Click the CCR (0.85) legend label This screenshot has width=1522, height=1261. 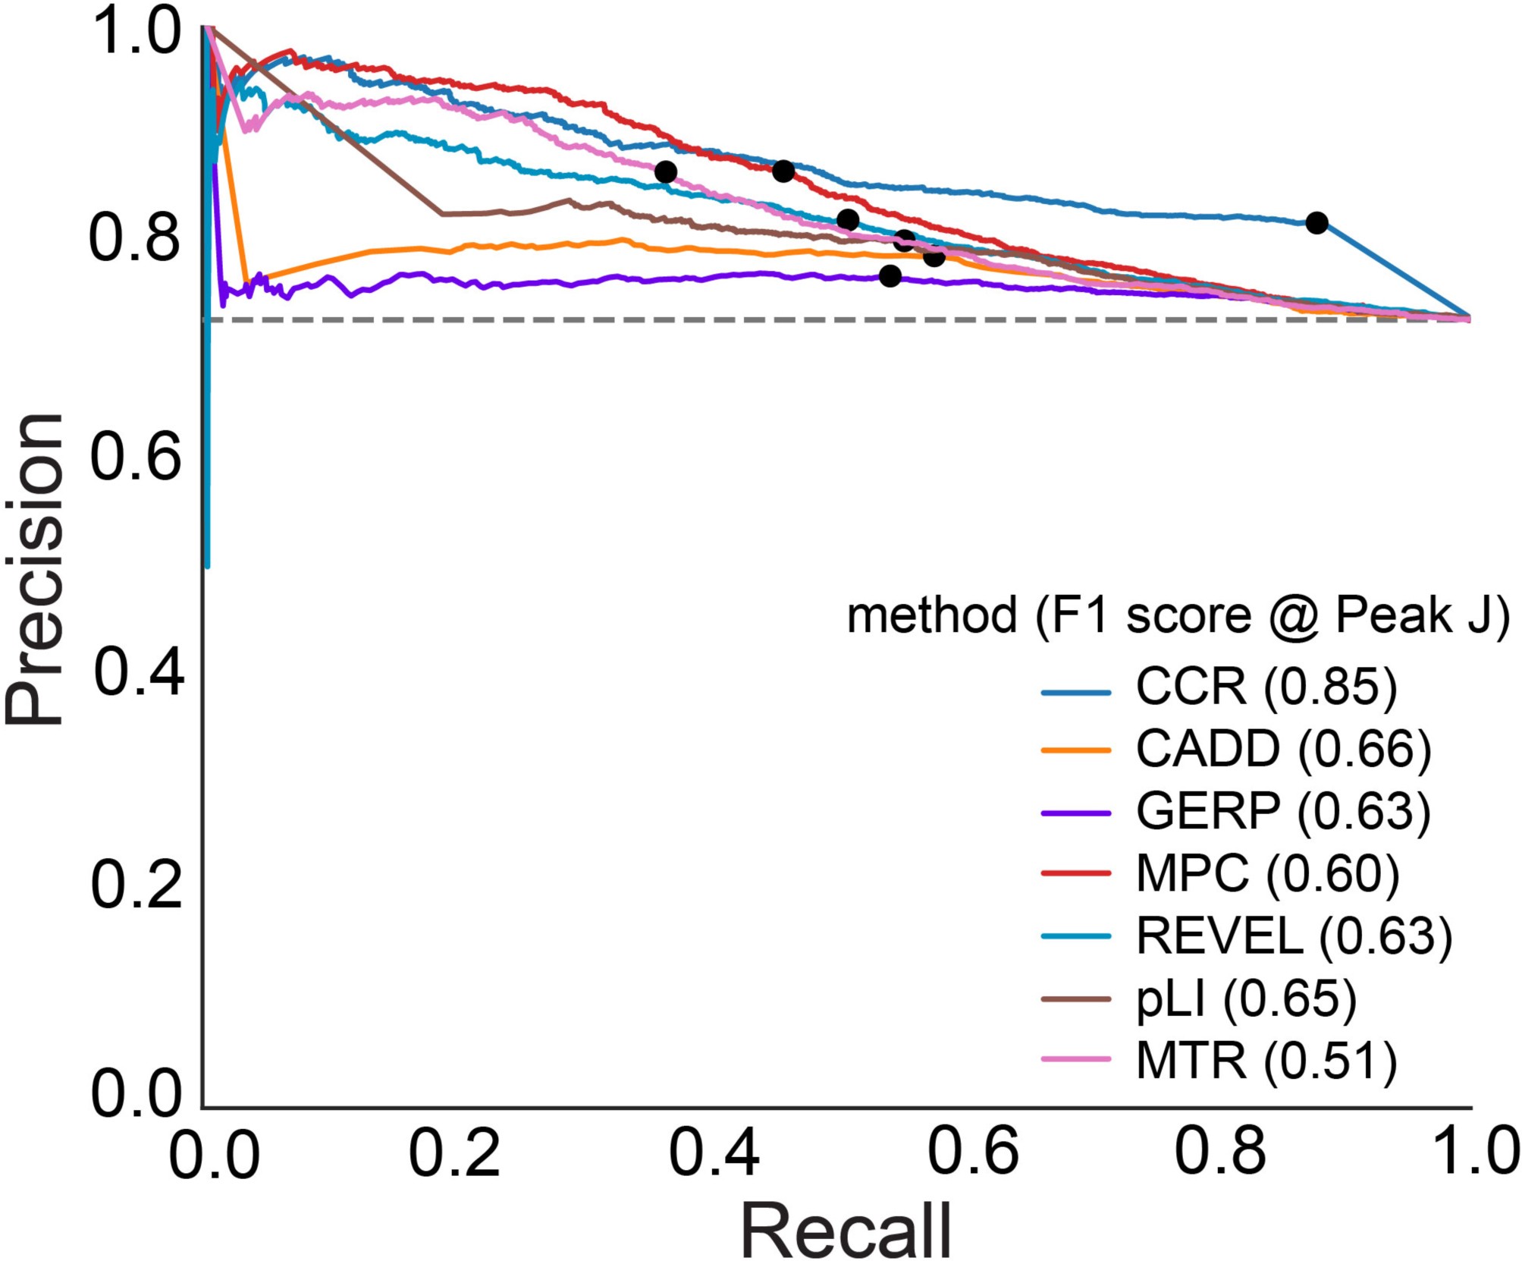coord(1265,687)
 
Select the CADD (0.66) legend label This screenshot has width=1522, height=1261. coord(1282,750)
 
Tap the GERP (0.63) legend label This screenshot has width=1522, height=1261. coord(1282,812)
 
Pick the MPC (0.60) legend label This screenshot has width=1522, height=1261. coord(1266,874)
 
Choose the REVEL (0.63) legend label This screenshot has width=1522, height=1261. coord(1293,936)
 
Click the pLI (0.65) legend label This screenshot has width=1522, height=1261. coord(1245,998)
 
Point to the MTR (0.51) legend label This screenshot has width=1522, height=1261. coord(1265,1061)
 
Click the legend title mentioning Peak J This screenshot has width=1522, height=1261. coord(1178,615)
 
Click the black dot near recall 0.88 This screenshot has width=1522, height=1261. coord(1316,223)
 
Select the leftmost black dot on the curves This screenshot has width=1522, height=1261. coord(665,172)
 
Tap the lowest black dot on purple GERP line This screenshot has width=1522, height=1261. coord(890,276)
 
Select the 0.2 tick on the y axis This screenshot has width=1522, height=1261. coord(136,885)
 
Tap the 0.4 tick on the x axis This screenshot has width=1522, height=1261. coord(714,1154)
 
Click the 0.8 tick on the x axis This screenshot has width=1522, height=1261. coord(1219,1154)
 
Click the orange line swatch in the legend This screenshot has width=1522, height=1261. coord(1075,750)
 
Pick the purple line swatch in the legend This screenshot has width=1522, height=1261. coord(1075,813)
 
